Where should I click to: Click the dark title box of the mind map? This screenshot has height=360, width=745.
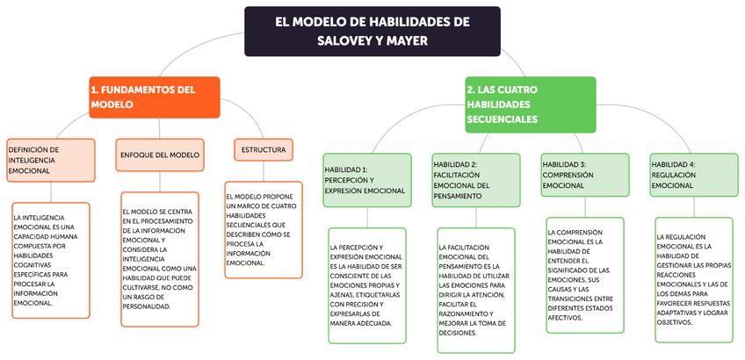[372, 32]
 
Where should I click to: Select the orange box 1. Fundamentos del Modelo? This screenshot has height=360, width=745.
[154, 97]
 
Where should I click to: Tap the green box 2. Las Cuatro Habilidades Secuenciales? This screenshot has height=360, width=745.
[530, 104]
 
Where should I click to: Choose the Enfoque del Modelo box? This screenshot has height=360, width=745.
[160, 155]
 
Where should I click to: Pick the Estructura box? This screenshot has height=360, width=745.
[263, 150]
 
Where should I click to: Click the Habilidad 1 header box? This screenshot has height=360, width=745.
[366, 179]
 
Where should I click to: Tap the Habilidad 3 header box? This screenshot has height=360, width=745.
[584, 175]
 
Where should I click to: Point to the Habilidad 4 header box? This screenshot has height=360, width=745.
[693, 175]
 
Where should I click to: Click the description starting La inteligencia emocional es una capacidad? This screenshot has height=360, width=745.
[50, 259]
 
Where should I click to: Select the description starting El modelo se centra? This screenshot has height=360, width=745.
[160, 259]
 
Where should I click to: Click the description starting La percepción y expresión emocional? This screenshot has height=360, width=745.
[366, 284]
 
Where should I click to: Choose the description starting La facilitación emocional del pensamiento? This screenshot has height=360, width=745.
[475, 290]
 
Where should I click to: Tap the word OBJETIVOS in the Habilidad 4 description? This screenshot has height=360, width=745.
[676, 322]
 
